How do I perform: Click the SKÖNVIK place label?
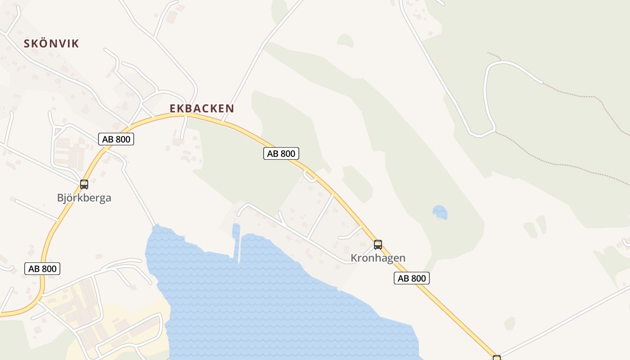coord(51,44)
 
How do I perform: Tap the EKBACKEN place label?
coord(202,108)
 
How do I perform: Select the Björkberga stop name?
coord(84,198)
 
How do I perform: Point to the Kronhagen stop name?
coord(378,258)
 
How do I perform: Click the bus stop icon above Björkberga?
coord(84,184)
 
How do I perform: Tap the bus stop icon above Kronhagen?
coord(378,245)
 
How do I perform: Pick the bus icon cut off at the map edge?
coord(497,358)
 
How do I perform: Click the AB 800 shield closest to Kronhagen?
coord(412,279)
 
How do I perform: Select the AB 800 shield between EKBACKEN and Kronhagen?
coord(281,154)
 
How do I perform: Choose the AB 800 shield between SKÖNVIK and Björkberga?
coord(116,139)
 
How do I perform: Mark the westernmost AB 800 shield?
coord(42,269)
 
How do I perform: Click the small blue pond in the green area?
coord(440,211)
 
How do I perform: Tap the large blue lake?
coord(279,306)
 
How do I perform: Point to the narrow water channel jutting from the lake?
coord(236,238)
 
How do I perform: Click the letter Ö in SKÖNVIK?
coord(42,44)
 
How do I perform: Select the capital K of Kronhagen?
coord(354,258)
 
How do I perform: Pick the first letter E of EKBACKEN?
coord(173,108)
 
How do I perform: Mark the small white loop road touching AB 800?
coord(309,176)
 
